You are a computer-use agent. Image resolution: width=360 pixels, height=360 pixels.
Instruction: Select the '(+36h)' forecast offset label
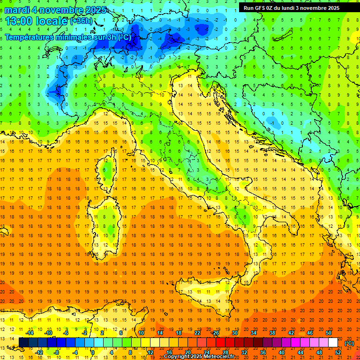pos(81,22)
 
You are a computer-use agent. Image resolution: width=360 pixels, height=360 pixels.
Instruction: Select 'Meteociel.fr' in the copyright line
pos(222,357)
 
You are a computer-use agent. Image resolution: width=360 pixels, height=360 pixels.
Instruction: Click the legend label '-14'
pos(30,333)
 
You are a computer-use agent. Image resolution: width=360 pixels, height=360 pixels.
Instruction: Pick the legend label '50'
pos(329,333)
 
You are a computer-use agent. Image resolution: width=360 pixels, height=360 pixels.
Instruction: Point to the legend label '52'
pos(337,352)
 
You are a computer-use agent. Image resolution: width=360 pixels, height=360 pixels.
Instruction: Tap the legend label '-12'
pos(39,352)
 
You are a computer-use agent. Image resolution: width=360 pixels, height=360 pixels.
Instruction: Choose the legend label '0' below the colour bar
pos(93,352)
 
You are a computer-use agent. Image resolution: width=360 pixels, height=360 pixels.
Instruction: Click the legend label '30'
pos(235,333)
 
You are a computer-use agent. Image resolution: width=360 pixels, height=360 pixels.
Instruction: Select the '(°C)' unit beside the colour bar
pos(349,343)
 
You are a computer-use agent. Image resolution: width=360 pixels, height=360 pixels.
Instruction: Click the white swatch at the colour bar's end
pos(333,343)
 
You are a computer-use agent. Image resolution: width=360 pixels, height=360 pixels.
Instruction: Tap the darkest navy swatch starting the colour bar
pos(23,343)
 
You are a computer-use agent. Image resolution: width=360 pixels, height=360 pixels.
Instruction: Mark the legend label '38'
pos(272,333)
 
